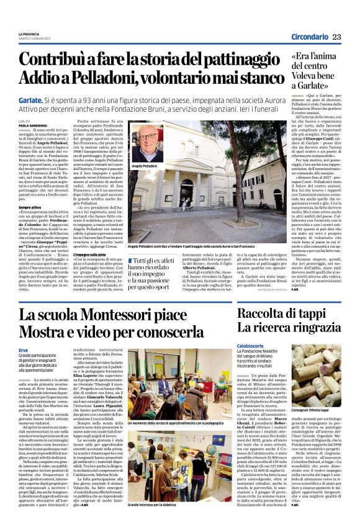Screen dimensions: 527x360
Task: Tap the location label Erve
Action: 24,348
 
